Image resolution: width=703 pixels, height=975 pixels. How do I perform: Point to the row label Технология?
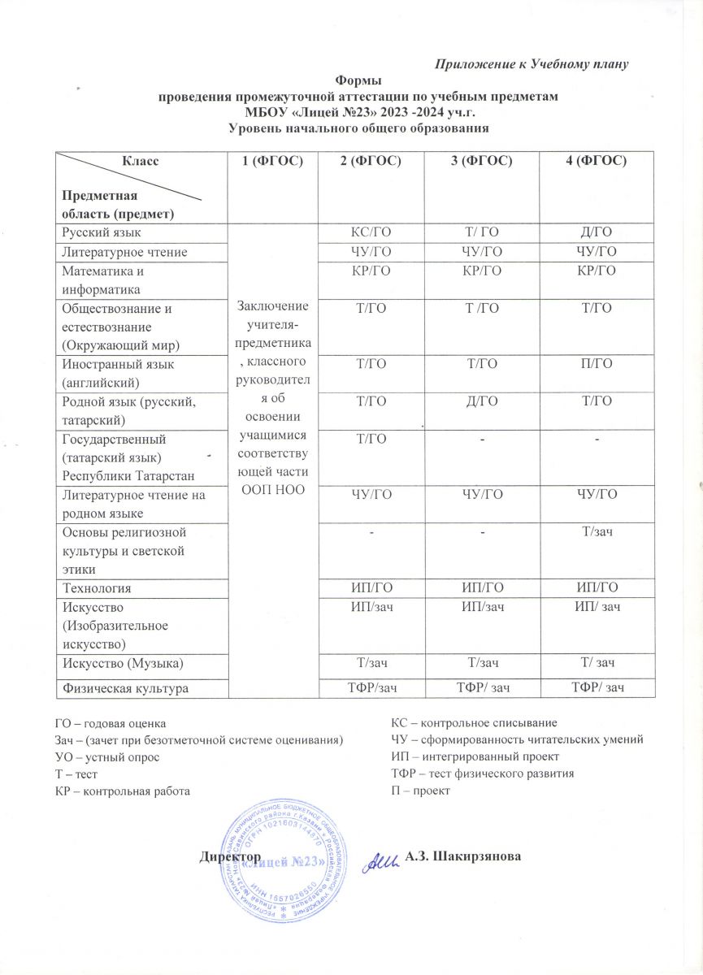point(91,587)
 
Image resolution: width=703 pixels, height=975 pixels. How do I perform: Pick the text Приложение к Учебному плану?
point(533,63)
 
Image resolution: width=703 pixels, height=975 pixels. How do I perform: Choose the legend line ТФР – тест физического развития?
point(483,773)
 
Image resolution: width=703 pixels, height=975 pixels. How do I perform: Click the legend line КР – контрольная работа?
point(125,790)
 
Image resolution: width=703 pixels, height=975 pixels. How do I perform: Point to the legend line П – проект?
point(420,790)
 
